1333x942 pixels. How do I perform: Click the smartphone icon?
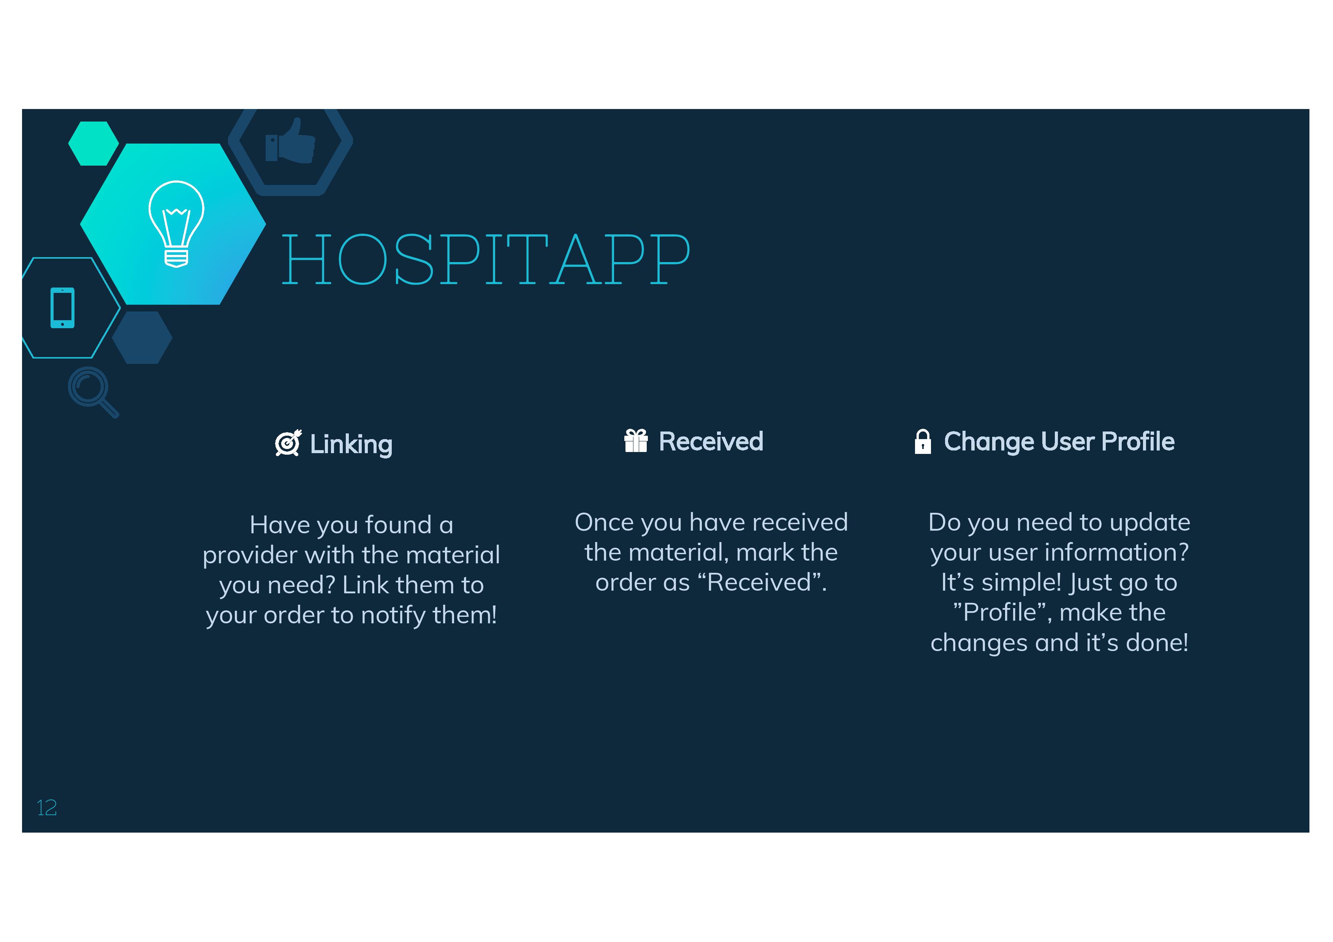[x=63, y=308]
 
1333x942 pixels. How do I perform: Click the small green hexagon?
[x=93, y=143]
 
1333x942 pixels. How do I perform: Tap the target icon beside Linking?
[x=288, y=443]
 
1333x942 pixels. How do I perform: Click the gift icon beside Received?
[x=636, y=441]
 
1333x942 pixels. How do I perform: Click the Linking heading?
[x=351, y=444]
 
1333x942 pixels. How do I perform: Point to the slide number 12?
[x=46, y=807]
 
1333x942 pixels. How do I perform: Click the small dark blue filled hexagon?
[x=142, y=338]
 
